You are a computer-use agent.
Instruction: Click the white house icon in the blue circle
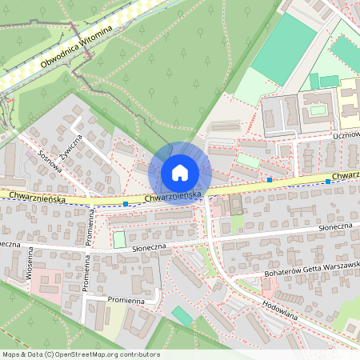tap(180, 173)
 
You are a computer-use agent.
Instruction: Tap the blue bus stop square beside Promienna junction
tap(126, 204)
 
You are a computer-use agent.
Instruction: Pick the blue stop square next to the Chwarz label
tap(328, 182)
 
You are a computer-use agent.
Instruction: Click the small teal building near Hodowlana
tap(182, 316)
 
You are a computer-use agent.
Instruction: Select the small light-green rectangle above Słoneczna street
tap(119, 239)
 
